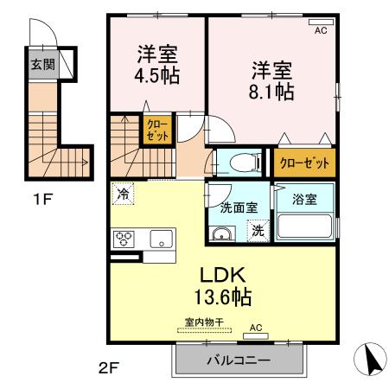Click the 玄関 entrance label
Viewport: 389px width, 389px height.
click(x=39, y=65)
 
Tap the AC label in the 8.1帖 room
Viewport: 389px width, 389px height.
click(x=321, y=30)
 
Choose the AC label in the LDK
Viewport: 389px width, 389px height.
click(x=256, y=327)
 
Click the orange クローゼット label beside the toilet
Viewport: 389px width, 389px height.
click(x=303, y=162)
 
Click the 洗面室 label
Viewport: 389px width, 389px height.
click(x=237, y=207)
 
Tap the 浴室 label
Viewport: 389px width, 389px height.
click(x=304, y=199)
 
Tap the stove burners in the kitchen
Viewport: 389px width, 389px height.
click(x=123, y=238)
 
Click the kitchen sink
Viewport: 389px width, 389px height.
click(x=161, y=238)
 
